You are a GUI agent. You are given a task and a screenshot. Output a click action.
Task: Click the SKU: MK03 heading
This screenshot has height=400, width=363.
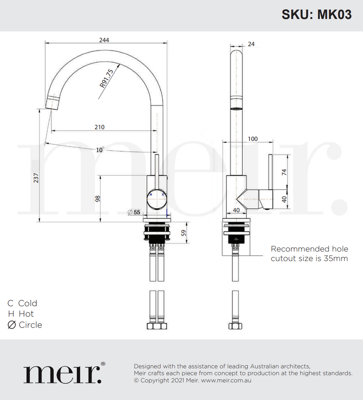(317, 15)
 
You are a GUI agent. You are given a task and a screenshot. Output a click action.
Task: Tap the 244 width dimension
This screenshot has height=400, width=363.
(104, 40)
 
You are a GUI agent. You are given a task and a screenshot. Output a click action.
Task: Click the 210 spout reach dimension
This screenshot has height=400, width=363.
(99, 127)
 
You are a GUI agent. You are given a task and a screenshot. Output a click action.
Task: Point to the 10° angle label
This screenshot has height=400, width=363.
(100, 149)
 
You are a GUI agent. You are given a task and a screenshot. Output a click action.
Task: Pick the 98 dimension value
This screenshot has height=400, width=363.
(97, 198)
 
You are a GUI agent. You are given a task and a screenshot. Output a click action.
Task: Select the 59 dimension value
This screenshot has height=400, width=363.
(183, 234)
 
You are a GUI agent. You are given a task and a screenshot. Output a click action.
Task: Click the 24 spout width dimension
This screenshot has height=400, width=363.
(251, 44)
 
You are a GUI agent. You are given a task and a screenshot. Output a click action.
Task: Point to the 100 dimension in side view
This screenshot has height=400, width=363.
(253, 138)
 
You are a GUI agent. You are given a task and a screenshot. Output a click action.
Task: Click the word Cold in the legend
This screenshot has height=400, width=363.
(28, 303)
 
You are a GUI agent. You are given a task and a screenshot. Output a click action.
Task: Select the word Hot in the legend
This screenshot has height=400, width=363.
(26, 314)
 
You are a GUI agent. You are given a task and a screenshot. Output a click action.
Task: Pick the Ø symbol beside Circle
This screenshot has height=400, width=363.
(11, 325)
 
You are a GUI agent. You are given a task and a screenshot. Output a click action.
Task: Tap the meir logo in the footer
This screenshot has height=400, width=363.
(64, 373)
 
